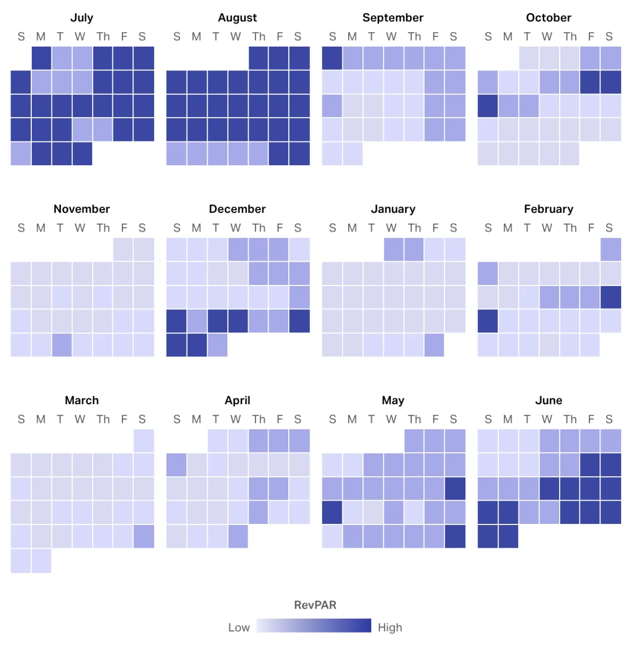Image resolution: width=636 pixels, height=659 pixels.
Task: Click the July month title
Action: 82,17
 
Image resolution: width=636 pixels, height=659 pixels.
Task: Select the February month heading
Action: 549,209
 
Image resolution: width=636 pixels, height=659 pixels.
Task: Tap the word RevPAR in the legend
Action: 315,605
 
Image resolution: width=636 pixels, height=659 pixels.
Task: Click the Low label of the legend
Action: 238,628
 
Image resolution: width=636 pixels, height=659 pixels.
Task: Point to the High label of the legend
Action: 390,628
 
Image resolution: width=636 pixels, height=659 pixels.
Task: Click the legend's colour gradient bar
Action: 314,626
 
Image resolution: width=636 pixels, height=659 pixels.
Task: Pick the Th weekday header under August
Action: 259,37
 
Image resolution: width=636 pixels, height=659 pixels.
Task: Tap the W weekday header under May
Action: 391,419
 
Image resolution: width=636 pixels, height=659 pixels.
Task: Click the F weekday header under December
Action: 279,228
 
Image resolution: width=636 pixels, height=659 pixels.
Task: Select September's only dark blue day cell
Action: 332,58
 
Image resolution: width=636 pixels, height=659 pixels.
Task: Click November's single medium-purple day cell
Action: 61,345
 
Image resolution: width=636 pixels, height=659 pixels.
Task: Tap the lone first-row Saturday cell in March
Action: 144,441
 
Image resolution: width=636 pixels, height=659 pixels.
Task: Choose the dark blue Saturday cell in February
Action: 611,297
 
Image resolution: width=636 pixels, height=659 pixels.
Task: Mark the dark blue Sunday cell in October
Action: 488,106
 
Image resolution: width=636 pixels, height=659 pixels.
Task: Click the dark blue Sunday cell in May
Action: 332,512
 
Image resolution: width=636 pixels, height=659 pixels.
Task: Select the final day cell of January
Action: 434,345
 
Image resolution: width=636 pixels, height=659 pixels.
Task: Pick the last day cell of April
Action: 238,536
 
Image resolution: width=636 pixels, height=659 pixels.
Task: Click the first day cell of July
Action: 41,58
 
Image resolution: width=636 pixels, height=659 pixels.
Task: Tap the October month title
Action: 549,17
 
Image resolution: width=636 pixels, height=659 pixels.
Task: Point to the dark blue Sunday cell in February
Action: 488,321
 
